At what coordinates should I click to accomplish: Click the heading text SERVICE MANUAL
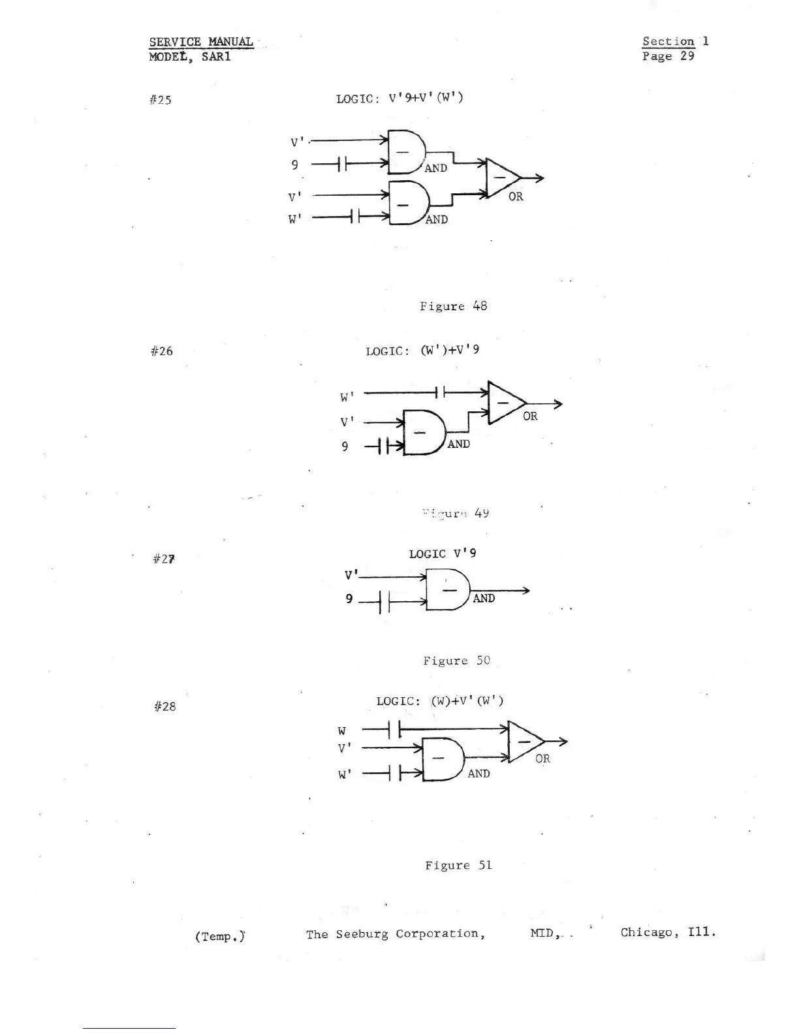click(200, 42)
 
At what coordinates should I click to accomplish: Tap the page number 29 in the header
click(687, 56)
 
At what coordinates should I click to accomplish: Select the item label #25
click(160, 100)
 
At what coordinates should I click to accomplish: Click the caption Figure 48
click(453, 306)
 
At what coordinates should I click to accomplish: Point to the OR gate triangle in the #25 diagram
click(502, 177)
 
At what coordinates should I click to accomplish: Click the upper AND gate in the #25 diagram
click(405, 152)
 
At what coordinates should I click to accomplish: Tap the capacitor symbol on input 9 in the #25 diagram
click(341, 164)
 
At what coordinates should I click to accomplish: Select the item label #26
click(161, 351)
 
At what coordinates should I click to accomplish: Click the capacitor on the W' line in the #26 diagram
click(441, 392)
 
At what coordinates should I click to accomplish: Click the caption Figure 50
click(456, 661)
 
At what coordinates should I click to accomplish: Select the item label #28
click(164, 706)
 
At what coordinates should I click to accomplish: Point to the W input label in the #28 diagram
click(342, 730)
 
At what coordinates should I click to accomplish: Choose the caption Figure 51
click(458, 866)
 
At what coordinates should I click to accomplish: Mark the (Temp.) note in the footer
click(220, 936)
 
